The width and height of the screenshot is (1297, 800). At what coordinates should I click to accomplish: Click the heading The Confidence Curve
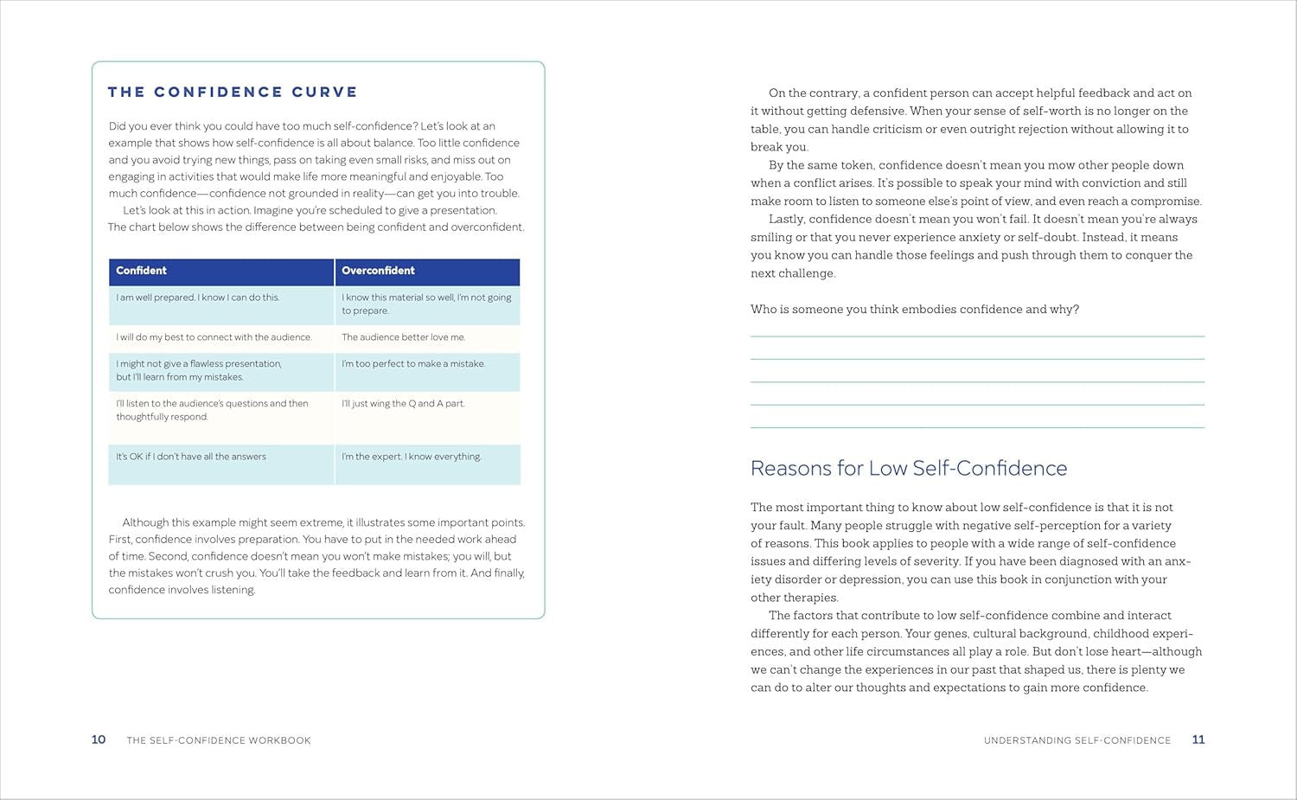click(232, 92)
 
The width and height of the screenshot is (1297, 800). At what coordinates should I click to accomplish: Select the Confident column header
click(142, 271)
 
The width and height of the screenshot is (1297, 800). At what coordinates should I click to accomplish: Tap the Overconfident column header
click(378, 271)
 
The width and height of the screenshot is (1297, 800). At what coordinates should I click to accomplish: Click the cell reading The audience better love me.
click(403, 337)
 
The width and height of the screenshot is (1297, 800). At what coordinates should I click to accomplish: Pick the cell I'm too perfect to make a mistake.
click(413, 364)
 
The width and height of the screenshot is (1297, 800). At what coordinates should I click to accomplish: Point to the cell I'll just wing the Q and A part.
click(403, 404)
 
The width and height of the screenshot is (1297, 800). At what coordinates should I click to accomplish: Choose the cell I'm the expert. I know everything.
click(412, 457)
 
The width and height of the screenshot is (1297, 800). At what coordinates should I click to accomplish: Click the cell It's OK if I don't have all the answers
click(191, 457)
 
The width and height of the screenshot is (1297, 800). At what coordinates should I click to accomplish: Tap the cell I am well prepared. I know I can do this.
click(198, 298)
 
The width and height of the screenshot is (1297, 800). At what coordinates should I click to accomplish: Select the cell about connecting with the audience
click(214, 337)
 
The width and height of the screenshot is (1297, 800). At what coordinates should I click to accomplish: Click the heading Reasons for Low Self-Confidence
click(909, 468)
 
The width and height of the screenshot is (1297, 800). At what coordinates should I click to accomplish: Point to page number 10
click(99, 739)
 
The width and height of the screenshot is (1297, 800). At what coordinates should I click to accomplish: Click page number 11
click(1198, 739)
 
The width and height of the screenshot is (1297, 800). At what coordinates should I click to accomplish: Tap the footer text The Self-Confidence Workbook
click(219, 740)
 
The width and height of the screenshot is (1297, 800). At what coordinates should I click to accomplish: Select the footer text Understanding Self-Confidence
click(1077, 740)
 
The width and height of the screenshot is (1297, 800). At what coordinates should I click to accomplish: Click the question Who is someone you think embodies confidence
click(915, 310)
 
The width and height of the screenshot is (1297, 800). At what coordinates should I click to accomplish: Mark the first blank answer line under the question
click(977, 336)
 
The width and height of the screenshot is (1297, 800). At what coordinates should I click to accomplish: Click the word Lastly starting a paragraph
click(786, 220)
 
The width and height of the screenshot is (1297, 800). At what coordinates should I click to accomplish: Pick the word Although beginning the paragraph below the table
click(146, 522)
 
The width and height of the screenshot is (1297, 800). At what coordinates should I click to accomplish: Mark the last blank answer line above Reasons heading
click(977, 427)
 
